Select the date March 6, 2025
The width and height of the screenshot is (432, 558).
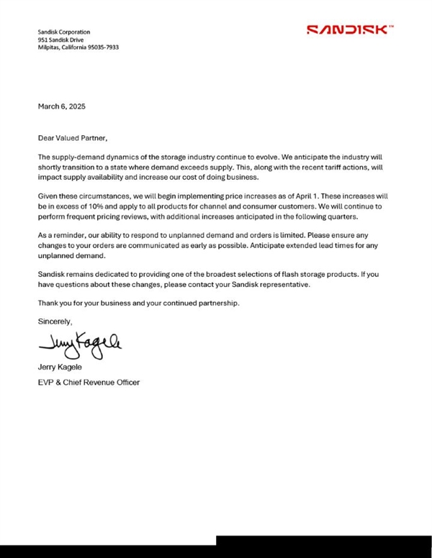61,106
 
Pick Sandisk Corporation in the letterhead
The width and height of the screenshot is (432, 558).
64,32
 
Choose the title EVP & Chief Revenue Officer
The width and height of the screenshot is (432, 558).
89,383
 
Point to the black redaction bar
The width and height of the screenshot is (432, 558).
324,546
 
